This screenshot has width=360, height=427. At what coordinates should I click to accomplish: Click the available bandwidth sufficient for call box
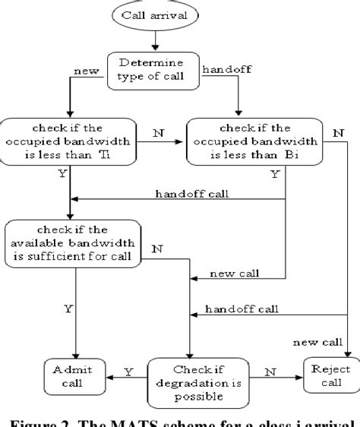pos(73,242)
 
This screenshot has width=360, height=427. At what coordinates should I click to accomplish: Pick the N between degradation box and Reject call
pos(270,372)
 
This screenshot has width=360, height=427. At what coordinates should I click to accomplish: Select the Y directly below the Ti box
pos(60,173)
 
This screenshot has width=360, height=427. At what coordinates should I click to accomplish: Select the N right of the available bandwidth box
pos(158,248)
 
